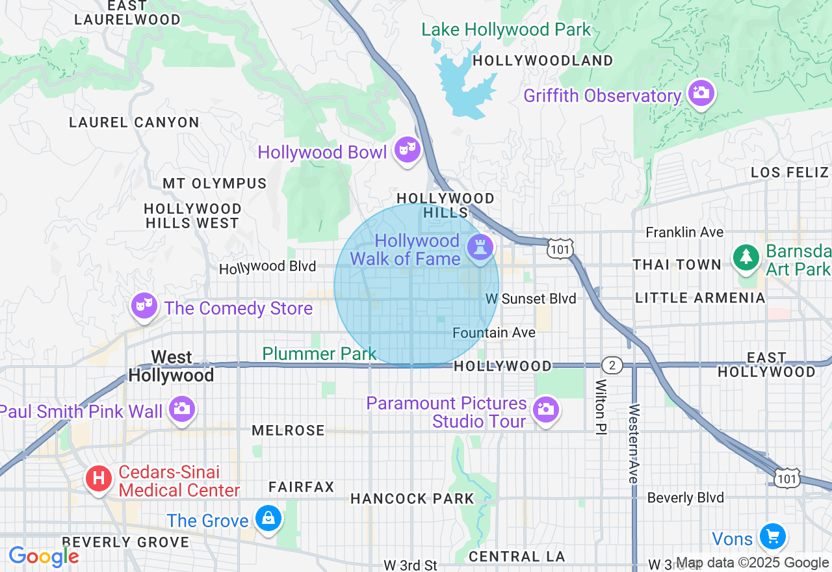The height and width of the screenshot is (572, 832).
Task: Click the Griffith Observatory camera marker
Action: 700,93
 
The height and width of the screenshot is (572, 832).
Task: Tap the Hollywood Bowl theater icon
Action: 407,149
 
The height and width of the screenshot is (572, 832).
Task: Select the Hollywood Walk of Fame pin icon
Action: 480,247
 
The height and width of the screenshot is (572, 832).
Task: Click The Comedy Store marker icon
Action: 144,305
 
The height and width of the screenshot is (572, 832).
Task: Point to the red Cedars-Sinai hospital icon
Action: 99,479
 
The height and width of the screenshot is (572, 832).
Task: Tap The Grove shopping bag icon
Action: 268,518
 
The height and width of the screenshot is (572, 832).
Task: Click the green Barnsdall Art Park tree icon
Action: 746,257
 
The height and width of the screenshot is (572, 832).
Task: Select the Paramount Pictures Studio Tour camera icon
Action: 546,409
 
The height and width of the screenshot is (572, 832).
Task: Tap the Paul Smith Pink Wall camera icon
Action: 181,409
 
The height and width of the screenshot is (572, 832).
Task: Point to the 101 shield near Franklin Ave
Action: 559,249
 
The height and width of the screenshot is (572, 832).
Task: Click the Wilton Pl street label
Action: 600,407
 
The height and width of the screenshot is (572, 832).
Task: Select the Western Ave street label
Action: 634,443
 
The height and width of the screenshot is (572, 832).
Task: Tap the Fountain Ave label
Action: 494,333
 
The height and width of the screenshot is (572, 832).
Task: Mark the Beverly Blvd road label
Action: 685,498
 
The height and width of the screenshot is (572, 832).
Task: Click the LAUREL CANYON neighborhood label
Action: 134,122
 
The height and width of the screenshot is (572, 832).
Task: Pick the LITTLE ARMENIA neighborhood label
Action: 700,298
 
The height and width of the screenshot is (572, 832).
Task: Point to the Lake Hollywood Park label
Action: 506,29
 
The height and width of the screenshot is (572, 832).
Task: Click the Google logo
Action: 44,556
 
